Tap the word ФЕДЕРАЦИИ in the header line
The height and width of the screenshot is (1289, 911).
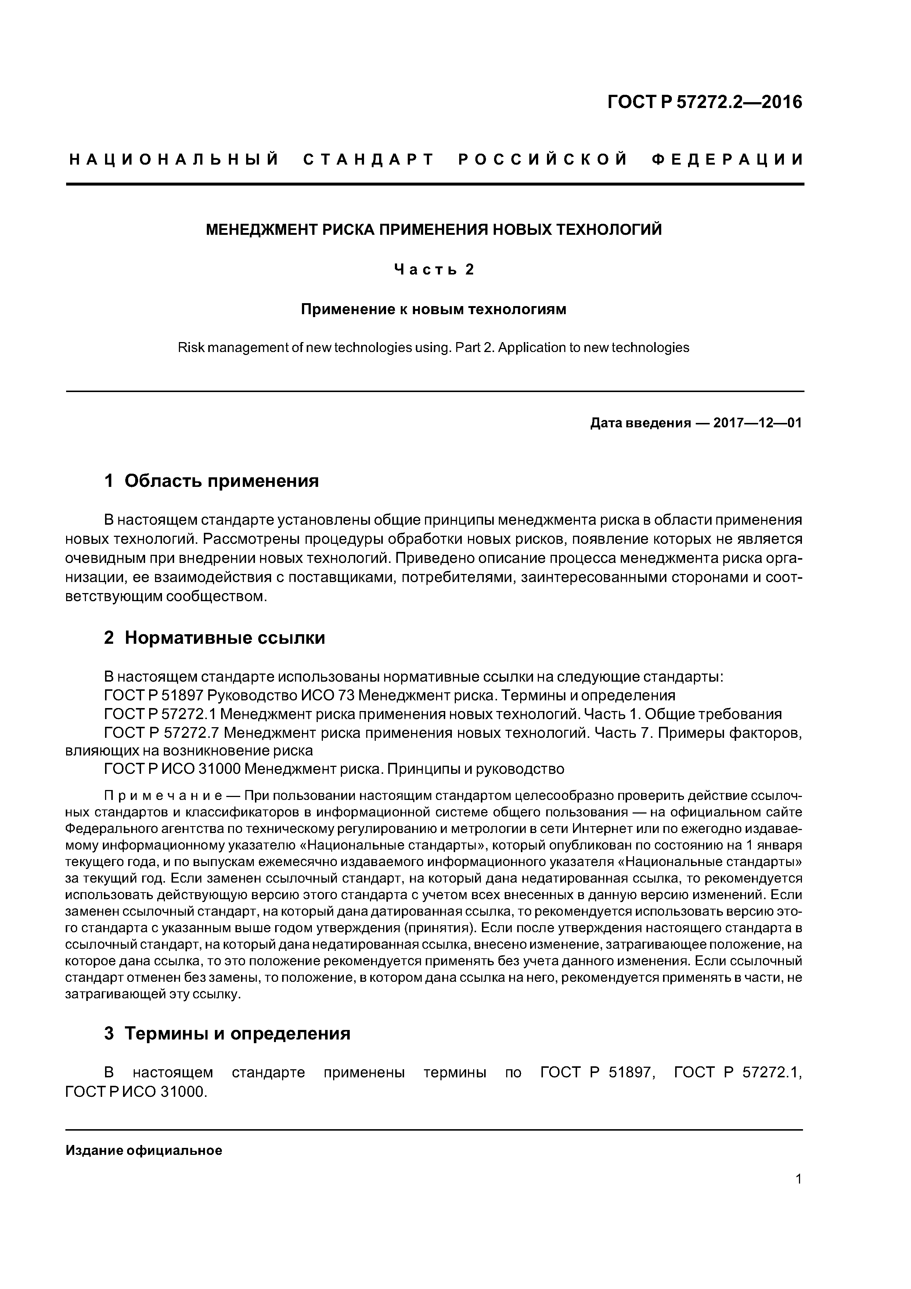point(727,160)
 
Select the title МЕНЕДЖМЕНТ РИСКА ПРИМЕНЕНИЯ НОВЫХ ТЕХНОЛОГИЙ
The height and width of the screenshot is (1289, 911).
point(434,230)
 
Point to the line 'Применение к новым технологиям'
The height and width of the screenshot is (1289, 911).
point(434,309)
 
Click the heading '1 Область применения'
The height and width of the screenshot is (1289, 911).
point(212,481)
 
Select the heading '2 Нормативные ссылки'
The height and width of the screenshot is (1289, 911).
point(215,638)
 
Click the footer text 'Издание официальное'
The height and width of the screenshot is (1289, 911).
point(144,1151)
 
